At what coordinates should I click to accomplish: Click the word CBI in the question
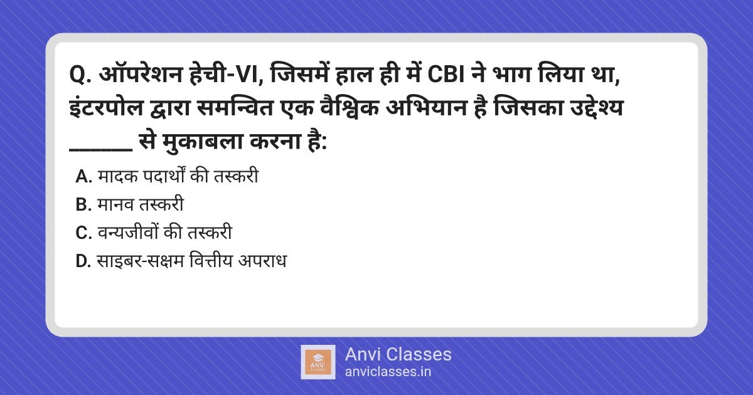446,75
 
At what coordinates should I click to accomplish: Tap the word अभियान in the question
426,107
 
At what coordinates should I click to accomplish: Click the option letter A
83,177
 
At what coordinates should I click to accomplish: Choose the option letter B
83,205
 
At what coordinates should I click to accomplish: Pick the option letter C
83,233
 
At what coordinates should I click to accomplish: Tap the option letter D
83,261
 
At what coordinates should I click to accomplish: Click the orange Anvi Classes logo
318,362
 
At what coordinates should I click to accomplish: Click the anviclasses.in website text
388,372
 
